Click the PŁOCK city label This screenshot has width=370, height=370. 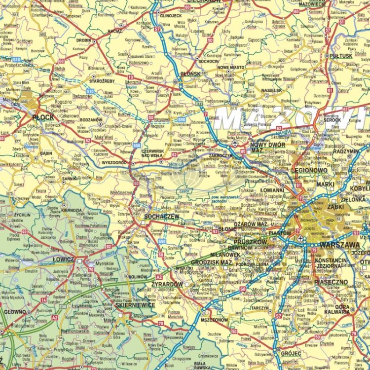(43, 117)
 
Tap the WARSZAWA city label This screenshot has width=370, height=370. (339, 245)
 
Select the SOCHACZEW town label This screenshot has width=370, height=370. (161, 216)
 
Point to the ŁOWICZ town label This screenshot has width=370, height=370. (63, 259)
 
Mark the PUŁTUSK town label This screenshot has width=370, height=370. (341, 56)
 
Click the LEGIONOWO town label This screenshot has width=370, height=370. (309, 170)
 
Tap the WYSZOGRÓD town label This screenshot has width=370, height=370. (114, 162)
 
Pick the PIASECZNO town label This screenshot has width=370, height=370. (331, 282)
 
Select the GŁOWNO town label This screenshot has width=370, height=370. (15, 312)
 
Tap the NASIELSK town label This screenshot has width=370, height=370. (271, 91)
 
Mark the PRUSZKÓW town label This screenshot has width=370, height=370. (250, 242)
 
